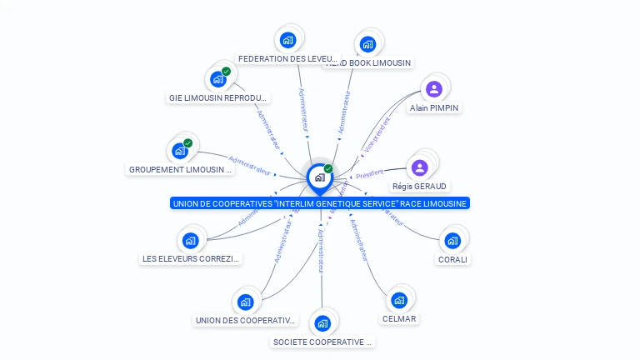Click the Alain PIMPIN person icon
pos(433,89)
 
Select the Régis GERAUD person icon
pos(420,167)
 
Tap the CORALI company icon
pos(452,241)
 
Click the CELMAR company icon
pos(399,300)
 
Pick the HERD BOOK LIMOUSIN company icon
pos(367,44)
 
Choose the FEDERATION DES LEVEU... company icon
pos(287,40)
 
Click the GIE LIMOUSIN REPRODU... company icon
pos(218,79)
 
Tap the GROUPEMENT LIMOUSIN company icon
pos(180,151)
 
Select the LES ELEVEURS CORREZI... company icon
pos(190,241)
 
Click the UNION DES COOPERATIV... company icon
pos(245,302)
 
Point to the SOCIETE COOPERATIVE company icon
pos(322,323)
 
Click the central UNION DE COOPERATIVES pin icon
pos(320,177)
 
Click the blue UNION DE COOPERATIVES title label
pos(320,203)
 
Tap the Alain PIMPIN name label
pos(434,108)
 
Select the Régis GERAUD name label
pos(420,187)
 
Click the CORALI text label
pos(453,259)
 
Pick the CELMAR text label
pos(399,319)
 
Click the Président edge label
pos(367,172)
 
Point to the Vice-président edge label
pos(377,134)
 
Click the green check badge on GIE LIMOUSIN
pos(226,72)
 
